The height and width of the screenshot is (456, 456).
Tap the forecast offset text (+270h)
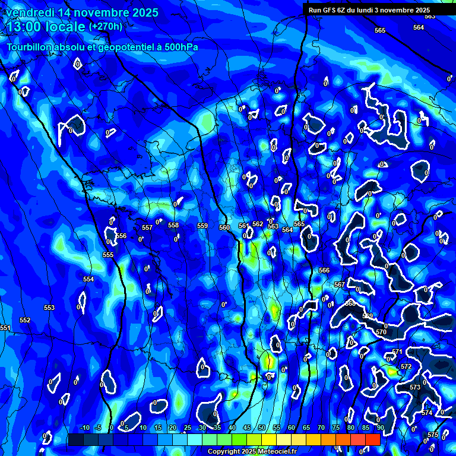click(105, 26)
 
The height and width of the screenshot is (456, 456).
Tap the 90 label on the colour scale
click(380, 427)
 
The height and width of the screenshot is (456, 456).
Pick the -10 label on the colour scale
click(84, 427)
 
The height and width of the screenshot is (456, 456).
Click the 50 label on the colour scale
click(262, 427)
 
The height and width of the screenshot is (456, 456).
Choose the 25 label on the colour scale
click(188, 427)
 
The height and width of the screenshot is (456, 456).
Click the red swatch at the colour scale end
click(372, 439)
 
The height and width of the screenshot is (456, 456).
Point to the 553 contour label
click(49, 308)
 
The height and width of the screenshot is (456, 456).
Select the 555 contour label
click(108, 255)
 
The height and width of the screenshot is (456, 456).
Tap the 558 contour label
click(173, 225)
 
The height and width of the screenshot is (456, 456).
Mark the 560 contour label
click(224, 227)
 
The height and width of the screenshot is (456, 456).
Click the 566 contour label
click(324, 270)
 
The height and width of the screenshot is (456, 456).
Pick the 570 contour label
click(381, 332)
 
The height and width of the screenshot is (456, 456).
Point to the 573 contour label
click(415, 387)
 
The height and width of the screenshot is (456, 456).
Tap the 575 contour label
click(433, 435)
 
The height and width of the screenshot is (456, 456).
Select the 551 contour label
click(5, 328)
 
